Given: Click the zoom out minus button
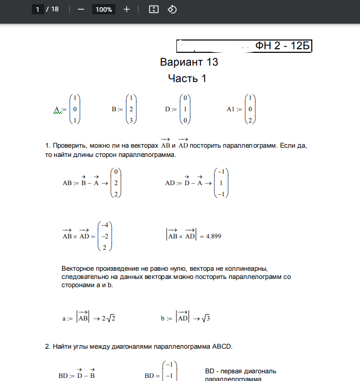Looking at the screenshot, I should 81,10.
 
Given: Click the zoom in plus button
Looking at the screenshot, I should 127,10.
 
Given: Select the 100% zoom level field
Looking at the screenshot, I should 104,10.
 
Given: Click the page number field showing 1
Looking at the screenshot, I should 37,10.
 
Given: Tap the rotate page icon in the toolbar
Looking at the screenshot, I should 172,10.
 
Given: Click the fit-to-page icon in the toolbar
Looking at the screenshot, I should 153,10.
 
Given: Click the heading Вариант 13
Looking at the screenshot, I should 189,63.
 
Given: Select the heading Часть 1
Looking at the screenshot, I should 187,78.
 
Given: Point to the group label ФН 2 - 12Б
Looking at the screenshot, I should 283,46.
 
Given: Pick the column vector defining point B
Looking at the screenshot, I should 132,109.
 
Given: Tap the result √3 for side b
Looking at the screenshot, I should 206,318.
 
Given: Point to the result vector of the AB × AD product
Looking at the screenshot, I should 104,236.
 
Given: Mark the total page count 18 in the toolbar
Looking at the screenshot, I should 55,10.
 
